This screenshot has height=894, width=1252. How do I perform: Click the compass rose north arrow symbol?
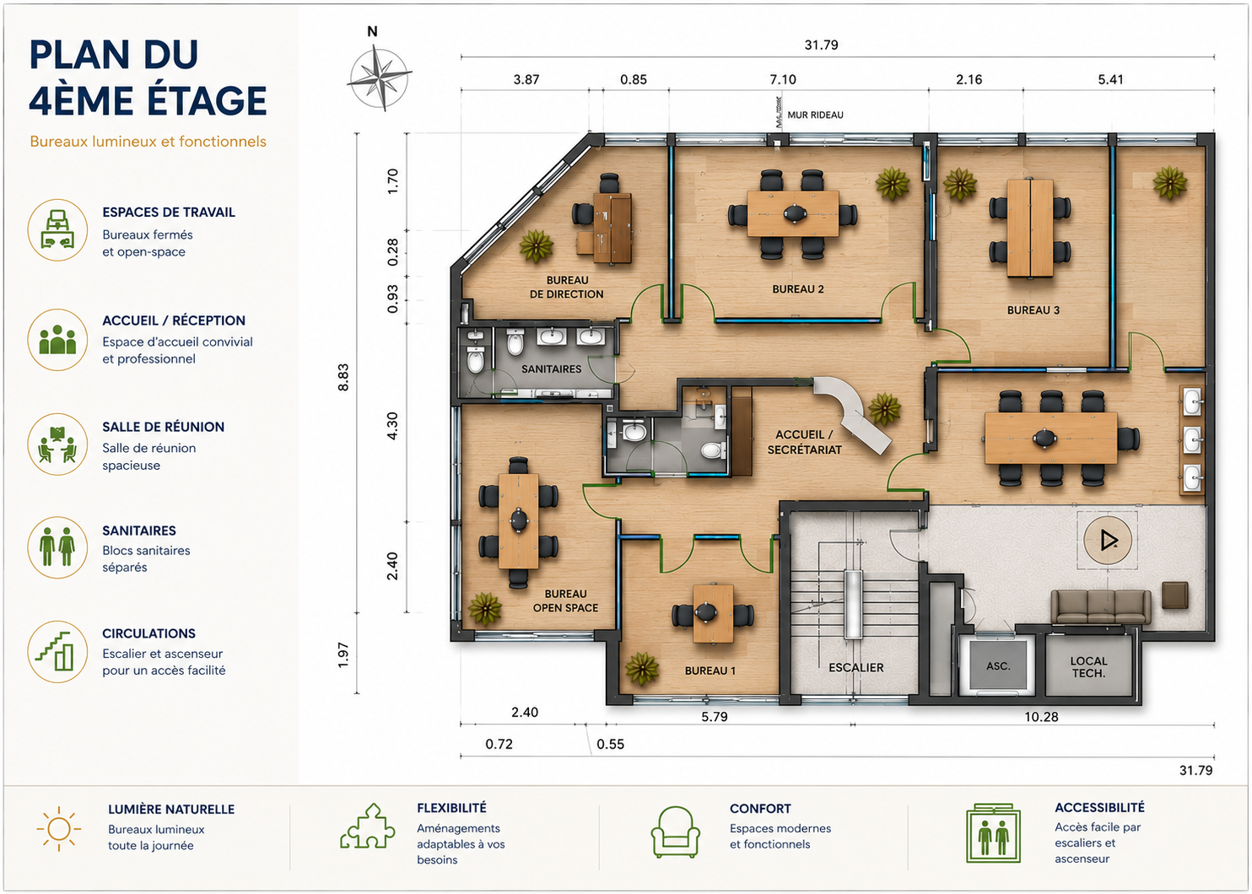[380, 78]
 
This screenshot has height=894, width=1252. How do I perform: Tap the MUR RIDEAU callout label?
[815, 115]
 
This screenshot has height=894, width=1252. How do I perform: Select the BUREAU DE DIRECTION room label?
[567, 288]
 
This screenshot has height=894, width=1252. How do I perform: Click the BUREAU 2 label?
[797, 289]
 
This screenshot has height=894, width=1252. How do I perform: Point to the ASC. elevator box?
[998, 665]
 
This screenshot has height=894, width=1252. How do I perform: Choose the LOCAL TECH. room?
[1088, 666]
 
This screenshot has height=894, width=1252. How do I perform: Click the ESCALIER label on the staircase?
[855, 668]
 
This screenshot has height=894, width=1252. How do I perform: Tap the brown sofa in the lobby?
[1100, 606]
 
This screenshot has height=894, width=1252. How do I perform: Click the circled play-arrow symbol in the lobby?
[1108, 541]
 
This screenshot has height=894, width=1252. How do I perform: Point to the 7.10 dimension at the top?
[783, 79]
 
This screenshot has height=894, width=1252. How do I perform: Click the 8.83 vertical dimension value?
[343, 378]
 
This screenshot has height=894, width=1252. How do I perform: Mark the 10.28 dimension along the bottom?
[1041, 717]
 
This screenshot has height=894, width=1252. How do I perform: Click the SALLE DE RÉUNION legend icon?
[57, 444]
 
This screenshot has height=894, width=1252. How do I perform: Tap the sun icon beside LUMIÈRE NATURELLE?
[59, 828]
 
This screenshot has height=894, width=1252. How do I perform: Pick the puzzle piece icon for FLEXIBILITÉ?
[367, 827]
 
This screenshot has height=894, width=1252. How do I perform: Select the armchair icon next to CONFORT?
[675, 832]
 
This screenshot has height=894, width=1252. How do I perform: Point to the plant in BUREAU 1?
[641, 668]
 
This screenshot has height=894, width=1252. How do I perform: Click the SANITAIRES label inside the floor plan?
[551, 369]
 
